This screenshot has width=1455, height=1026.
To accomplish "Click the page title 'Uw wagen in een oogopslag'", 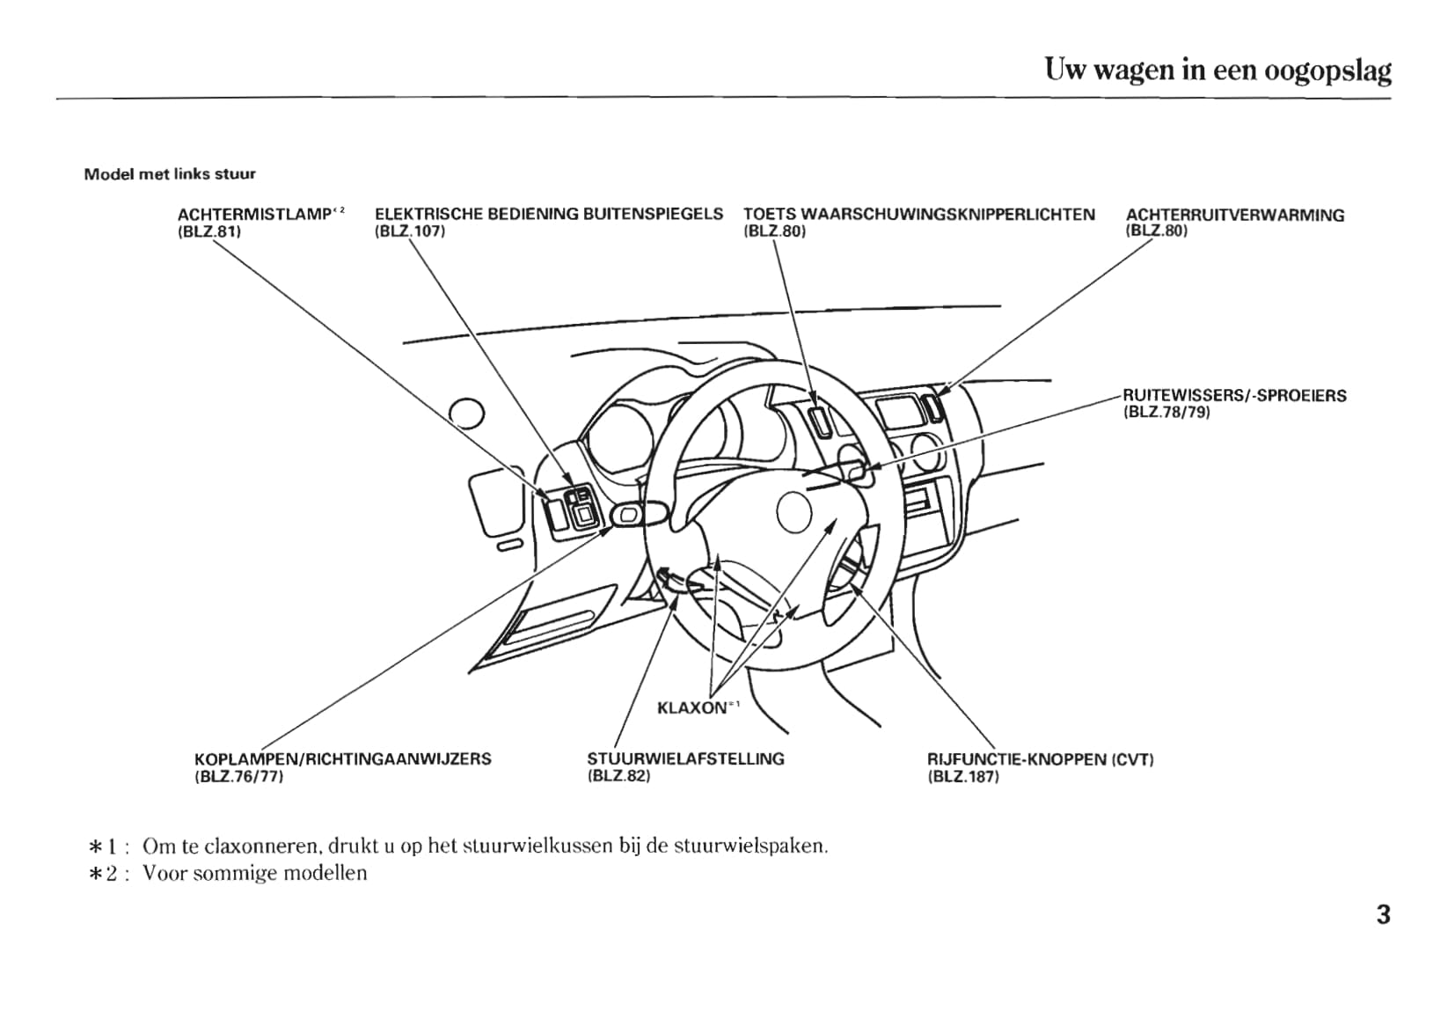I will (1217, 70).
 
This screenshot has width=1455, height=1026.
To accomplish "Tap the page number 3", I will (1383, 915).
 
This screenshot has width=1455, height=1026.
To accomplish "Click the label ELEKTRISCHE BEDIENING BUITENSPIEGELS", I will (548, 214).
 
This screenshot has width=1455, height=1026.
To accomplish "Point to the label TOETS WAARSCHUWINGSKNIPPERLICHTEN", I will (918, 215).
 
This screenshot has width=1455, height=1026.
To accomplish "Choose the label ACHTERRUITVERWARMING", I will (1234, 215).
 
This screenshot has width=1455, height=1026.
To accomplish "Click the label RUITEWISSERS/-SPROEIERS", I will (1234, 396).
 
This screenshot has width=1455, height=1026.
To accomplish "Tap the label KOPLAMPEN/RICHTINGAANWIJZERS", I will (342, 759).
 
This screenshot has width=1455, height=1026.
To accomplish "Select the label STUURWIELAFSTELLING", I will (685, 759).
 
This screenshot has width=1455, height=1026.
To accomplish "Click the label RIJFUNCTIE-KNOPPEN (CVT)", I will (1040, 759).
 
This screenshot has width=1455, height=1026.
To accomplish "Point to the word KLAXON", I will (691, 707).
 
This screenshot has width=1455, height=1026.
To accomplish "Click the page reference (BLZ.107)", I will (410, 231).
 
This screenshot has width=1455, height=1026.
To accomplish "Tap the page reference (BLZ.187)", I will (963, 777).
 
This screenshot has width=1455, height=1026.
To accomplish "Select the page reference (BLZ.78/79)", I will (1166, 412).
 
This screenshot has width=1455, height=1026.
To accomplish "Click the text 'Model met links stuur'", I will (170, 174).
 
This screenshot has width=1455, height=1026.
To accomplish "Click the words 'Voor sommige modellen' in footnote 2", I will (254, 873).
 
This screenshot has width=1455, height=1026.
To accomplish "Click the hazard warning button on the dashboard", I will (819, 421).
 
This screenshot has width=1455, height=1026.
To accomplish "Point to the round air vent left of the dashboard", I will (466, 412).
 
